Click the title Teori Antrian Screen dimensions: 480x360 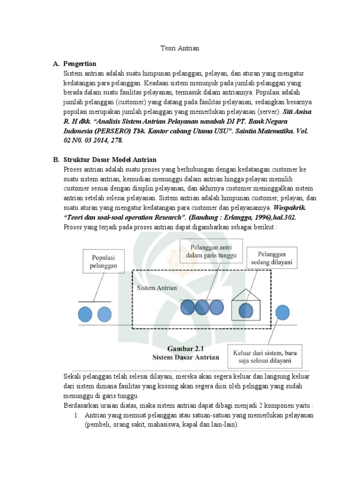(180, 48)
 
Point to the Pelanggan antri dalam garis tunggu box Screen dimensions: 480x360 (211, 251)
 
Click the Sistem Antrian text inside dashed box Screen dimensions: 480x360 (157, 287)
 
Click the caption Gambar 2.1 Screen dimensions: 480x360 (186, 348)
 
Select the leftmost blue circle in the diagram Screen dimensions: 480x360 (85, 314)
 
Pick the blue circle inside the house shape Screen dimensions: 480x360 (246, 310)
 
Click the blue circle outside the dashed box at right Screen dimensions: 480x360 (282, 313)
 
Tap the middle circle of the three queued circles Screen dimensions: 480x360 (202, 307)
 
